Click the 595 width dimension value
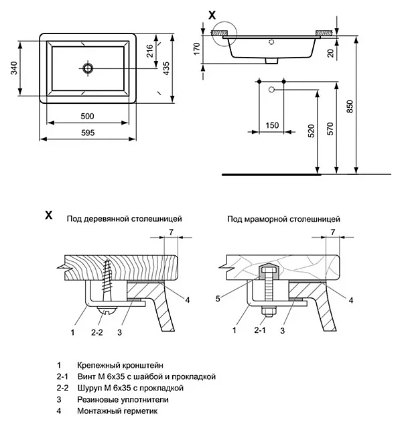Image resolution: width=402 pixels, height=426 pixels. click(x=88, y=133)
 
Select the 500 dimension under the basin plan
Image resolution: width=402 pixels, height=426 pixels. click(x=87, y=117)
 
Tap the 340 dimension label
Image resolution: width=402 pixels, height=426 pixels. click(x=14, y=68)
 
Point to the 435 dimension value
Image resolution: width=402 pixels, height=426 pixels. click(x=165, y=68)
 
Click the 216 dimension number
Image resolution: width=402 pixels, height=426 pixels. click(x=150, y=51)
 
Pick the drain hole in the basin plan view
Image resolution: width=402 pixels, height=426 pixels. click(x=88, y=68)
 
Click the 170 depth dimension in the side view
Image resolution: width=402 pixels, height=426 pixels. click(x=196, y=49)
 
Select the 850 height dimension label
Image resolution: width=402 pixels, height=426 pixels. click(x=350, y=106)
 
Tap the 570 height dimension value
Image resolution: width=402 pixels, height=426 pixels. click(x=330, y=129)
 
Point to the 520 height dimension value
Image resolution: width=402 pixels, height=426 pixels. click(x=312, y=131)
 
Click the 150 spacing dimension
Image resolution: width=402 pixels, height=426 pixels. click(x=272, y=125)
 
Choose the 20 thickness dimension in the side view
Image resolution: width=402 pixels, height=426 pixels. click(x=330, y=54)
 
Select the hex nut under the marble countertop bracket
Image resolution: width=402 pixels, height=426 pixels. click(x=269, y=311)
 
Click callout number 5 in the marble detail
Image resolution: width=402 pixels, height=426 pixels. click(x=218, y=299)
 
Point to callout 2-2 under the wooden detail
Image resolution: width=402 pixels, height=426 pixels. click(x=96, y=332)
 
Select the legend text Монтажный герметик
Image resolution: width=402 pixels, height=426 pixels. click(x=117, y=411)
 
